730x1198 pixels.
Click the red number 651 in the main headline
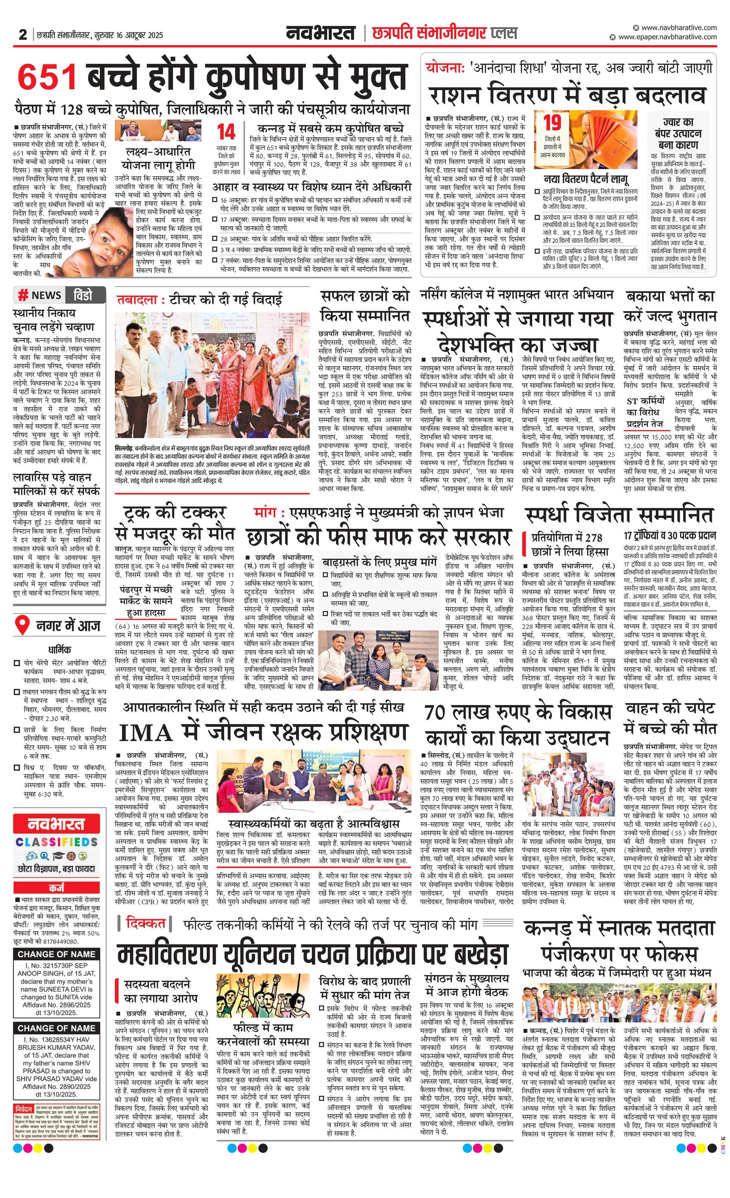point(47,77)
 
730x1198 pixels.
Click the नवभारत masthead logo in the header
point(320,33)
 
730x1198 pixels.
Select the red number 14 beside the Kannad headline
point(227,132)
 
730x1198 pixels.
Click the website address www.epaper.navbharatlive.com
point(667,37)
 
